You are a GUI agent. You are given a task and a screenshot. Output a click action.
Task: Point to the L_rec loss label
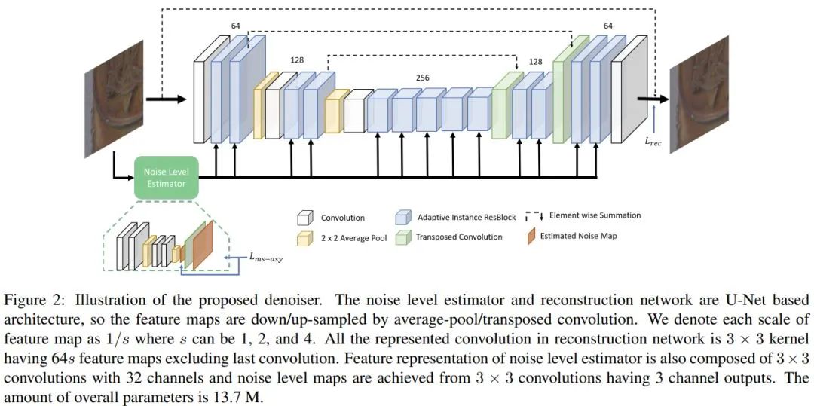click(652, 142)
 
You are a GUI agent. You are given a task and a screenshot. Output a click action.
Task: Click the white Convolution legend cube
click(304, 218)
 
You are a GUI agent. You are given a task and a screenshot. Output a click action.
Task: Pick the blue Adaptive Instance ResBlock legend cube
click(402, 218)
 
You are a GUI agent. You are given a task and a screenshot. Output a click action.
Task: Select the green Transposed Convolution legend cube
click(402, 237)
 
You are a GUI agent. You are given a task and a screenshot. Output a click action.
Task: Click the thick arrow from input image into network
click(166, 98)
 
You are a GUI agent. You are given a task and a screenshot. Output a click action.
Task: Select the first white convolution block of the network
click(201, 98)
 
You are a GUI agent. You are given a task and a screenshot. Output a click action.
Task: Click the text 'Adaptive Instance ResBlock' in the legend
click(467, 218)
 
